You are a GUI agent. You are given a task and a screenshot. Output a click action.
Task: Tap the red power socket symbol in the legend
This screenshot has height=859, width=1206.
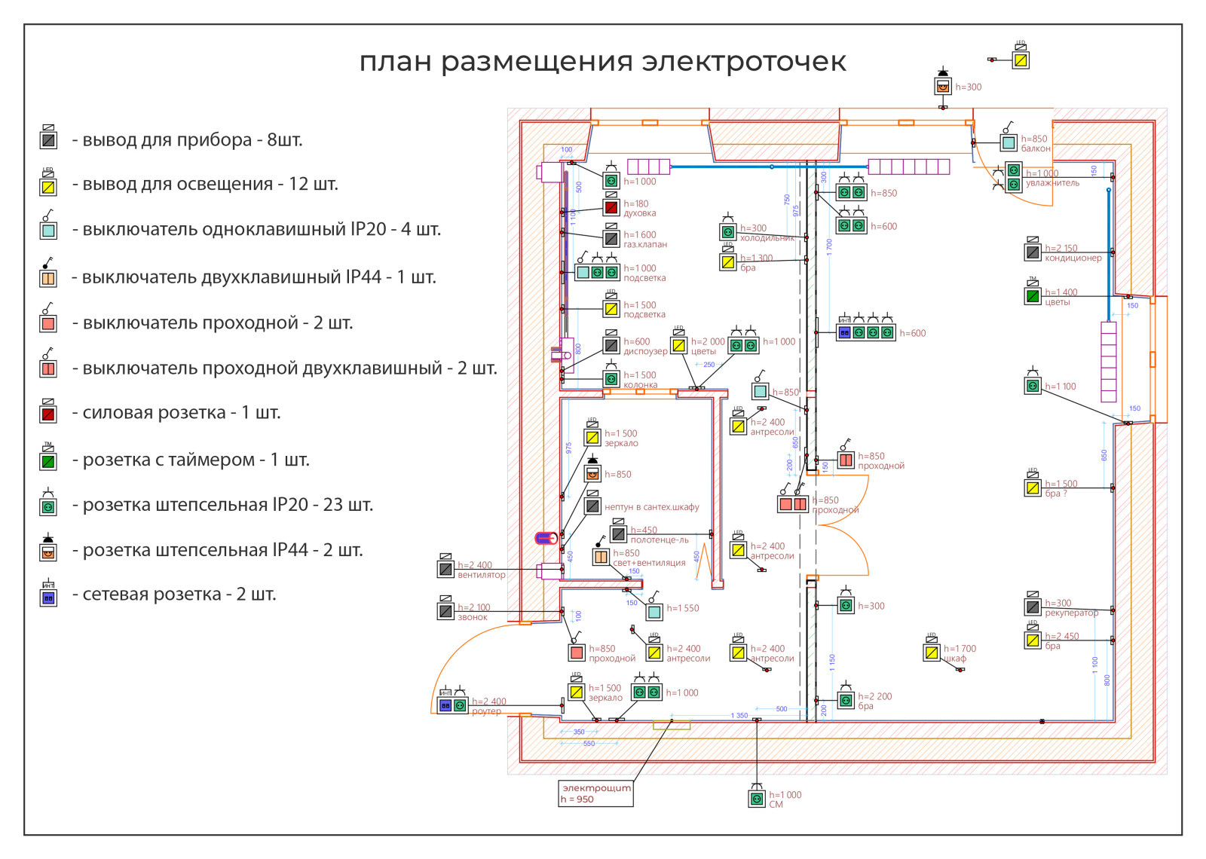48,414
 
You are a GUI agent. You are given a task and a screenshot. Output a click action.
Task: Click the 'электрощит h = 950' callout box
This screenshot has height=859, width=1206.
595,793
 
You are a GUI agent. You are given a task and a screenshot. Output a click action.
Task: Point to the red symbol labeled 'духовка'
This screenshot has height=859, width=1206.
611,207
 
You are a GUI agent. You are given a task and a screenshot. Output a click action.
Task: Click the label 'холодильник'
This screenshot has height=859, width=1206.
767,238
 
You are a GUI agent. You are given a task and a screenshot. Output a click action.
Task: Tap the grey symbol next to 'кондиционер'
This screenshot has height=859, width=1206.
1033,252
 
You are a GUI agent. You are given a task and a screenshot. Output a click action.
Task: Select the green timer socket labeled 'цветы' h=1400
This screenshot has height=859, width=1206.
1033,296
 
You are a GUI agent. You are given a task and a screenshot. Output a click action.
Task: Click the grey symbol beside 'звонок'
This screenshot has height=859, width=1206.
445,611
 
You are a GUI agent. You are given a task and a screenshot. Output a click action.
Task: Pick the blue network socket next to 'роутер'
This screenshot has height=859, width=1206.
445,705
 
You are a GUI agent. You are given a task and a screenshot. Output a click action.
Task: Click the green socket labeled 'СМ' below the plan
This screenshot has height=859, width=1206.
757,799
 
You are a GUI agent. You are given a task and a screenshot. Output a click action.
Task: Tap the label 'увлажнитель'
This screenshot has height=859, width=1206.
1052,183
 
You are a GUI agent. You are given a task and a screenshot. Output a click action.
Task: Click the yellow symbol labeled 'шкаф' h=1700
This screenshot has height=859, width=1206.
932,652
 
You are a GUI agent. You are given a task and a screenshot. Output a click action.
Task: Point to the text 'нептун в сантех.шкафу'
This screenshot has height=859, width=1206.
651,507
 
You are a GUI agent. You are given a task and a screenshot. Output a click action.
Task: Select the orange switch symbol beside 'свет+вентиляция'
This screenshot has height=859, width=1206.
601,557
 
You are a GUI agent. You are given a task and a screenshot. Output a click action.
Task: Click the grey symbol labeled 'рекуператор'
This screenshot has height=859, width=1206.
1033,607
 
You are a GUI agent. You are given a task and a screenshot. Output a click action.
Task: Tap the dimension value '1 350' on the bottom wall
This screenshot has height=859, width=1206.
739,715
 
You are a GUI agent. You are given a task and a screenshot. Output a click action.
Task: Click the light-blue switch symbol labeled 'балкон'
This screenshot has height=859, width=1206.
1009,142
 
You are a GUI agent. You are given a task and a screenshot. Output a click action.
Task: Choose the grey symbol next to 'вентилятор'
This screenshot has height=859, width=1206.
445,569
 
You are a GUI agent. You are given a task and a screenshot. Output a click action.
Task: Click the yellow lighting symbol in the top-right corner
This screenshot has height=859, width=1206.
1021,60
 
